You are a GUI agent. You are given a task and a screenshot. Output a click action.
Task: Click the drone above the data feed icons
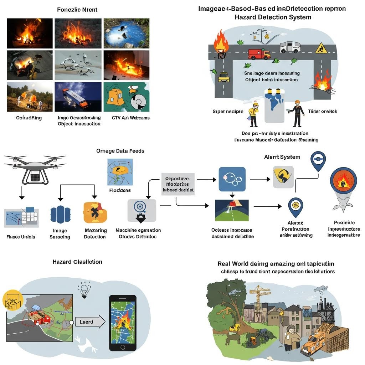[x=35, y=168]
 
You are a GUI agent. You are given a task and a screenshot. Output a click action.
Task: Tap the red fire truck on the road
[x=259, y=54]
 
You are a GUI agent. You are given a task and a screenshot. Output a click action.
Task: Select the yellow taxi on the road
[x=223, y=77]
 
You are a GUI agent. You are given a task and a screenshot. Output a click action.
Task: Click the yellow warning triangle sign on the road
[x=321, y=48]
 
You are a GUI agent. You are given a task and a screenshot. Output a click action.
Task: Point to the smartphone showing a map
[x=122, y=322]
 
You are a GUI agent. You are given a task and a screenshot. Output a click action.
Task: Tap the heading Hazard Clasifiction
[x=77, y=262]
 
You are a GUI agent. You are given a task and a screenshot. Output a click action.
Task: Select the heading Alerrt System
[x=282, y=157]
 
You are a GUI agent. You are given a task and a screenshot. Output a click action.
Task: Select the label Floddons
[x=120, y=190]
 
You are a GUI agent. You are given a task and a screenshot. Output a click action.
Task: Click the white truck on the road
[x=290, y=47]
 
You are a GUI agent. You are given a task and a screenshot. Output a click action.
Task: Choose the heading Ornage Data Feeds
[x=120, y=151]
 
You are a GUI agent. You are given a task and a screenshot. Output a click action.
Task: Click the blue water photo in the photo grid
[x=127, y=33]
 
